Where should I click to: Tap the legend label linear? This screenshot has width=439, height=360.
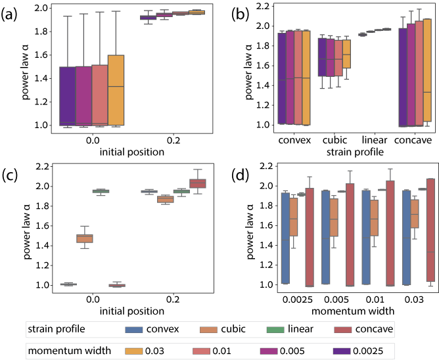300,328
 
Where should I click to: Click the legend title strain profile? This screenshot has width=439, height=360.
56,328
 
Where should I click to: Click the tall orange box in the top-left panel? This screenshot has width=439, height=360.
116,89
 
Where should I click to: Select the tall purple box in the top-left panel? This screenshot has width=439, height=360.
67,95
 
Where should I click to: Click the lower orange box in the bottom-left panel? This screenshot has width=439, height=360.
84,238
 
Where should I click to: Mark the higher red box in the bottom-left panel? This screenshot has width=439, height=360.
198,183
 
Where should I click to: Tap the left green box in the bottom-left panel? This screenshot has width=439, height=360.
101,191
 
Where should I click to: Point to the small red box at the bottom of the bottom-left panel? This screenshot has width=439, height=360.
117,285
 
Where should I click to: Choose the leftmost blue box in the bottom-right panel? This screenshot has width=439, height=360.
285,238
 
